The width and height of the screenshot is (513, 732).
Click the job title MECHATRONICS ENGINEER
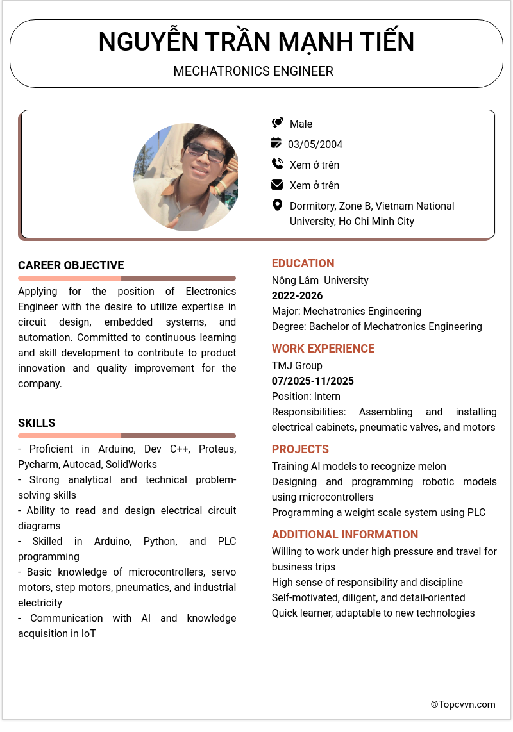click(x=253, y=71)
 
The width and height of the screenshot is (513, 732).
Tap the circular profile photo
click(x=186, y=177)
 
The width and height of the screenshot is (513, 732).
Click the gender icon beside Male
click(x=277, y=123)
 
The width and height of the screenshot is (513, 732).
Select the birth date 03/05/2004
click(x=315, y=144)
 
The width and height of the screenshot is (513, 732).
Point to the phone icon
click(x=277, y=164)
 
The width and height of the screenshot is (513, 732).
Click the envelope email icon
click(x=277, y=185)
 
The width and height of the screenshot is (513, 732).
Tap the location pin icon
click(x=277, y=205)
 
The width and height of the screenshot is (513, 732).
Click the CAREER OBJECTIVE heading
click(x=71, y=265)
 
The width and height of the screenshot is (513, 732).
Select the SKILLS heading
click(x=37, y=423)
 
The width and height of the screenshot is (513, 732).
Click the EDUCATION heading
click(x=303, y=263)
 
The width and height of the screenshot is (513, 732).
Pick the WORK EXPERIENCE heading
click(x=323, y=349)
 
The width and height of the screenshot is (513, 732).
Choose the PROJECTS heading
click(x=300, y=449)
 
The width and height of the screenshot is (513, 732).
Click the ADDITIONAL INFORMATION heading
click(x=345, y=535)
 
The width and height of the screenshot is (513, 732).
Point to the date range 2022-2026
click(x=297, y=295)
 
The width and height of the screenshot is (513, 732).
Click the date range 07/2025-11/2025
click(x=313, y=381)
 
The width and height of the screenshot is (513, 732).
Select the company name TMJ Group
click(x=297, y=365)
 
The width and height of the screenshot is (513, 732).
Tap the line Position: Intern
click(x=306, y=396)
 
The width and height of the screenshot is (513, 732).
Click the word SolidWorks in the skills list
click(x=131, y=464)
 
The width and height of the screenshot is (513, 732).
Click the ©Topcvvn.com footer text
click(x=463, y=704)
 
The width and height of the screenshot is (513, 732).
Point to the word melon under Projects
click(x=432, y=466)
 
